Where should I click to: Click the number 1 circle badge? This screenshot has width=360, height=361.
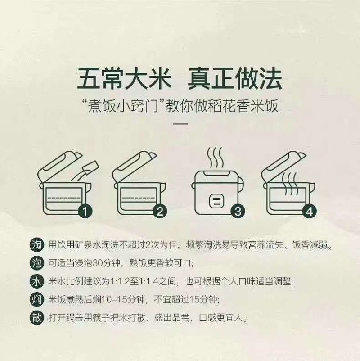point(85,211)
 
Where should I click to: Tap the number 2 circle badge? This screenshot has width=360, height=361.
point(160,211)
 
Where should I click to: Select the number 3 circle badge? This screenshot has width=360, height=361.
point(238,211)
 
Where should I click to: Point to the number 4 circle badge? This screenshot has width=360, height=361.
point(309,211)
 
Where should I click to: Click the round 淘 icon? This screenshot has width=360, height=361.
point(37,244)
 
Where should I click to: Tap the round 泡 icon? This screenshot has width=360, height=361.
point(37,263)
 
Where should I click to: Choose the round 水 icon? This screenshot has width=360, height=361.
point(37,281)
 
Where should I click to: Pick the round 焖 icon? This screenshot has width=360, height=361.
point(37,299)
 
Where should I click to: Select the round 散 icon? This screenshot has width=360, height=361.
point(37,318)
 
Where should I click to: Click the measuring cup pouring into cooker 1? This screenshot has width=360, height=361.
point(90,167)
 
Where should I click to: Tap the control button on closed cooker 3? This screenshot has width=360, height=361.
point(216,201)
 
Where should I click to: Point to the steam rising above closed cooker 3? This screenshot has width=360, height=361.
point(216,158)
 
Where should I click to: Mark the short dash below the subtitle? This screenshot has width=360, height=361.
point(180,124)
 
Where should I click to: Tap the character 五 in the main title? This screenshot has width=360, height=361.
point(89,78)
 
